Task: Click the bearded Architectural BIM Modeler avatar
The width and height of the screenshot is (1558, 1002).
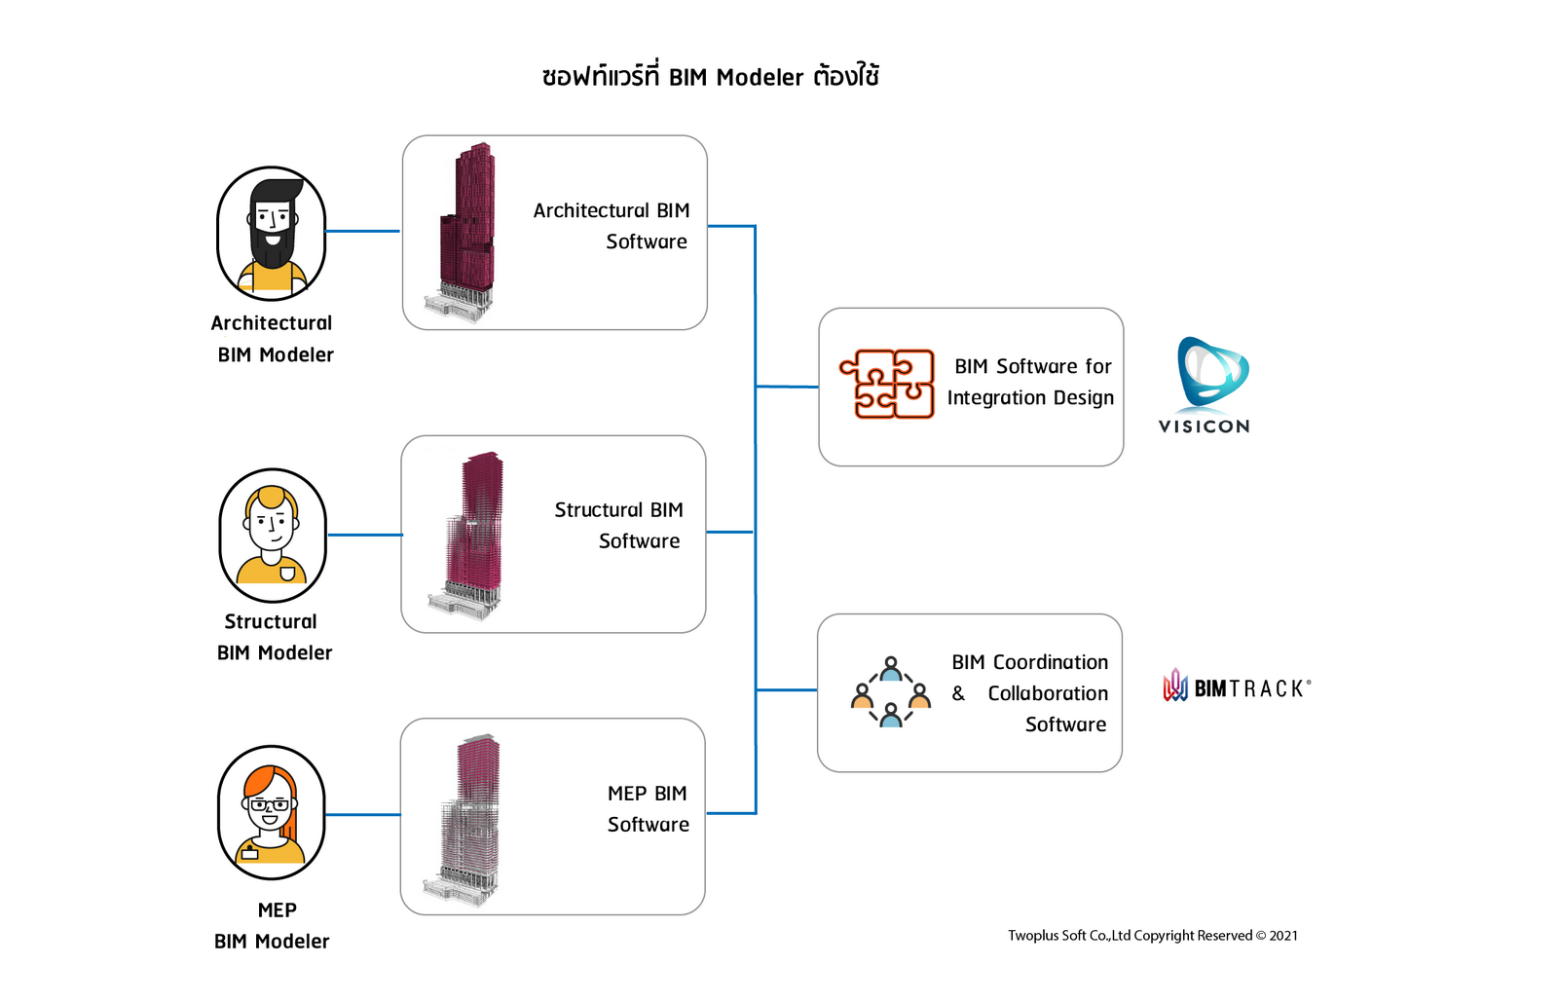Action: click(272, 234)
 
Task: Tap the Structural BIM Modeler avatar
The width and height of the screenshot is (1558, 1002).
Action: click(273, 535)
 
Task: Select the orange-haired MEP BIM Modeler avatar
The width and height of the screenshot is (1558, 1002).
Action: click(272, 812)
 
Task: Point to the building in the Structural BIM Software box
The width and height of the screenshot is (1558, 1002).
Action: click(470, 535)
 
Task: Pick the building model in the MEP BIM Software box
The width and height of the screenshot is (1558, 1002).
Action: click(465, 818)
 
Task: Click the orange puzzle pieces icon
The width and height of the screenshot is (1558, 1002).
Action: click(887, 385)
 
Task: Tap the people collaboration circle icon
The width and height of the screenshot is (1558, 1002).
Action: click(891, 692)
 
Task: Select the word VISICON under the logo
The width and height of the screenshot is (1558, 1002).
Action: click(1204, 427)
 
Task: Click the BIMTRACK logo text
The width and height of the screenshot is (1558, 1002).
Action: click(1250, 688)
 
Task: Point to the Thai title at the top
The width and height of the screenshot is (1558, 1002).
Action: click(711, 77)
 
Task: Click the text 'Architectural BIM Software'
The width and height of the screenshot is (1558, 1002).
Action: click(612, 226)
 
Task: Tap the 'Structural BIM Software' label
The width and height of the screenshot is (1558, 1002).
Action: click(618, 526)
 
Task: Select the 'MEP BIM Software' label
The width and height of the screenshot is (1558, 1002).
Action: click(648, 809)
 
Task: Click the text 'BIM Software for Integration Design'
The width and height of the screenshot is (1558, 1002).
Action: click(1031, 382)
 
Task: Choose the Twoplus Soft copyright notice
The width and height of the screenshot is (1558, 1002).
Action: click(1152, 936)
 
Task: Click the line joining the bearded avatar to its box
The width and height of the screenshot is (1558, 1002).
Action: click(363, 231)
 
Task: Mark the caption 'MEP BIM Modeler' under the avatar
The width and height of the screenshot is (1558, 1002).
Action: click(273, 926)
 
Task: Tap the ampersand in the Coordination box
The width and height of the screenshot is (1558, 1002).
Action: click(958, 693)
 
